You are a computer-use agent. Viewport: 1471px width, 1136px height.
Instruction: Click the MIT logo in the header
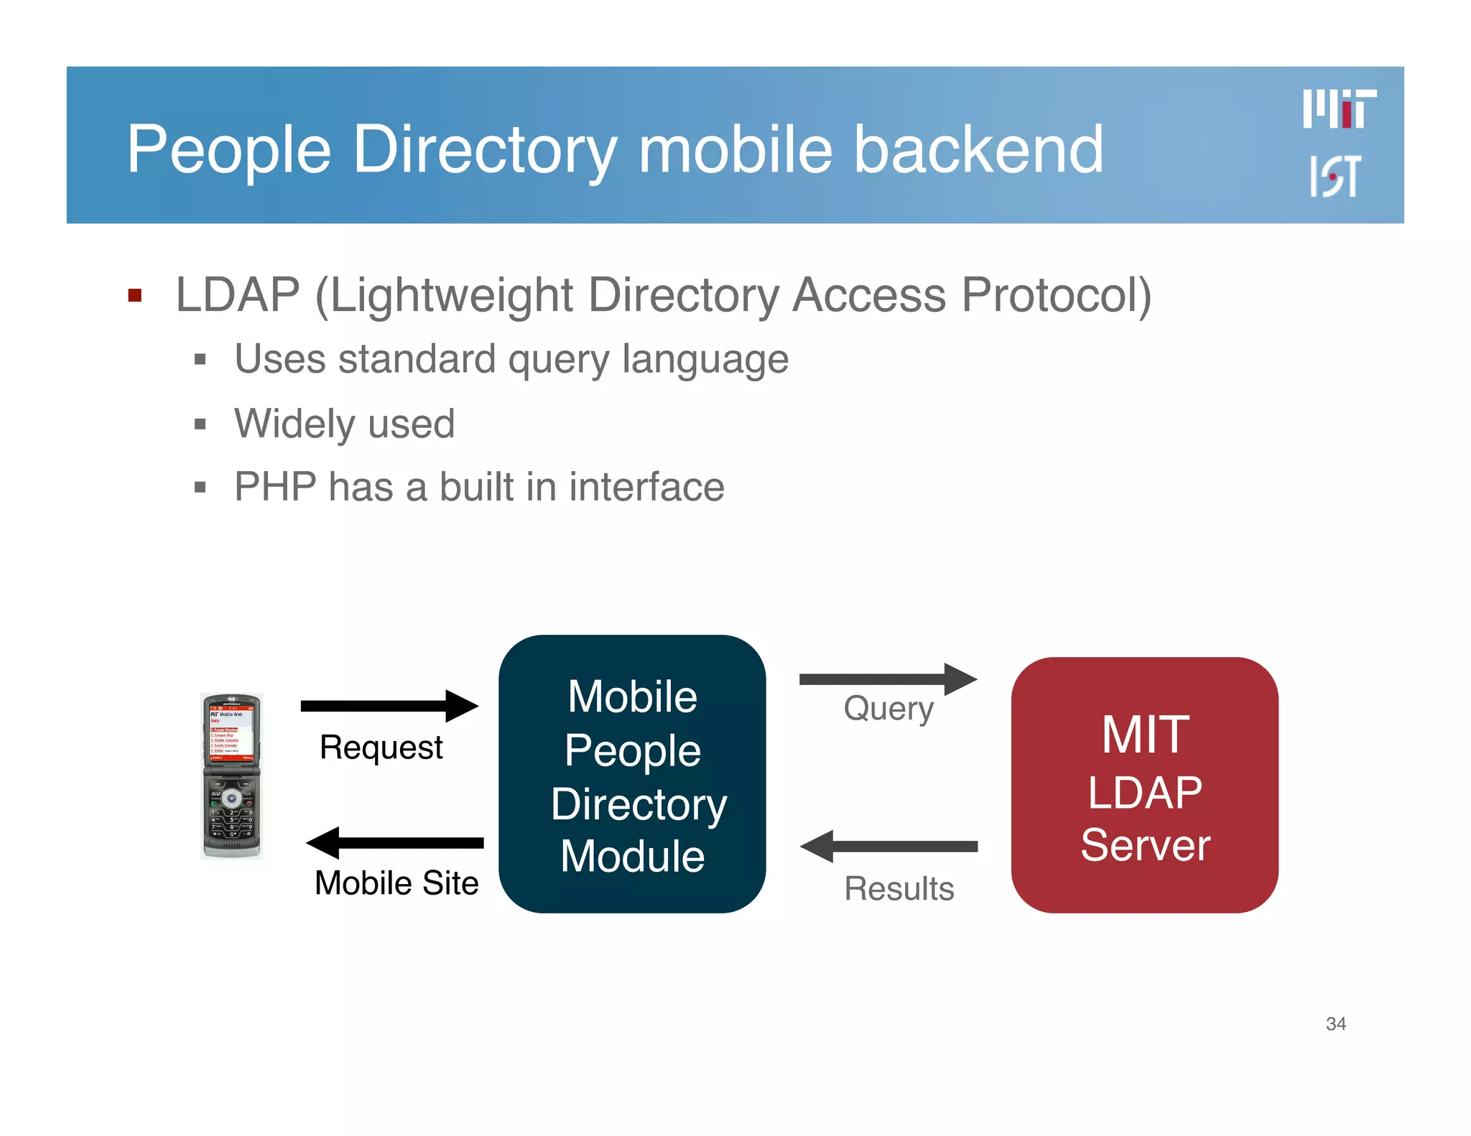(1339, 109)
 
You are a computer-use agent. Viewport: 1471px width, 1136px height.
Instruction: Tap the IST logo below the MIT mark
(1335, 176)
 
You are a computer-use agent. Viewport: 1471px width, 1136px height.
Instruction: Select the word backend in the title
(978, 149)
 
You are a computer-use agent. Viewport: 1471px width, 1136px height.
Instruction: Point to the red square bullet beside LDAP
(134, 295)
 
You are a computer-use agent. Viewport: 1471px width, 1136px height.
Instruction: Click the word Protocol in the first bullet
(1056, 295)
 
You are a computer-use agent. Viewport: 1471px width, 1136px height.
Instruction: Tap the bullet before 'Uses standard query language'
(200, 359)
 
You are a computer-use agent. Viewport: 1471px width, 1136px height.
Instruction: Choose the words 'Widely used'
(345, 423)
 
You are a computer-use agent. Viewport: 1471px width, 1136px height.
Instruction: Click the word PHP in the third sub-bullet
(275, 487)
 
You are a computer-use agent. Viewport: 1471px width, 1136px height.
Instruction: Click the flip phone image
(231, 776)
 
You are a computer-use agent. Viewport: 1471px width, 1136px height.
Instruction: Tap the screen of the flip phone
(231, 733)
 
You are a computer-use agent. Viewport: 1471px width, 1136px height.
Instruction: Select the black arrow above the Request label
(389, 706)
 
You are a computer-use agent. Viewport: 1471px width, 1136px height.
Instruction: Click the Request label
(381, 748)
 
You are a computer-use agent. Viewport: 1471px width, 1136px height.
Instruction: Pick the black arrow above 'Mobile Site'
(394, 843)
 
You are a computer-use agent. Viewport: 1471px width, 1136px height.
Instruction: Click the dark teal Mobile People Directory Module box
(632, 774)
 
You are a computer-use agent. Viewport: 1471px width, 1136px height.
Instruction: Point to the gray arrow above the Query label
(888, 679)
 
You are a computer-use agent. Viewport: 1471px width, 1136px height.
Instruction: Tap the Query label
(888, 709)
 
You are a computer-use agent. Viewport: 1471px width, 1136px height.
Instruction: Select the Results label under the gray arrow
(899, 889)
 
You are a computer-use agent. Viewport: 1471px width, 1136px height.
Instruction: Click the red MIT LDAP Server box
(1144, 785)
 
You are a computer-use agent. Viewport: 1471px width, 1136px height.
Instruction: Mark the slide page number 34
(1335, 1023)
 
